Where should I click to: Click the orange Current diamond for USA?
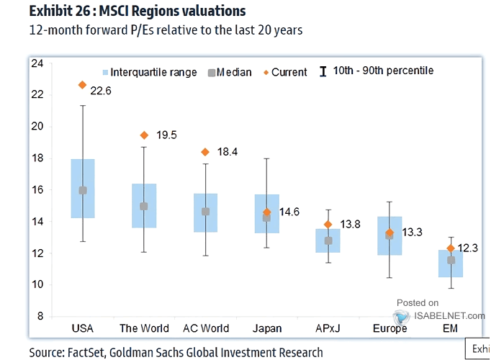(x=83, y=85)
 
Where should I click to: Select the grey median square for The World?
(x=144, y=207)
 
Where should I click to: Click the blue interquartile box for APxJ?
(x=328, y=240)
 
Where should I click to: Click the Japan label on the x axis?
(x=267, y=328)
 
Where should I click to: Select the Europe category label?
(x=390, y=328)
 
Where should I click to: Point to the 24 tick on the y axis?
(x=37, y=63)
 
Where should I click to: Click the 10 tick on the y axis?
(x=37, y=285)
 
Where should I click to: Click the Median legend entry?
(x=228, y=72)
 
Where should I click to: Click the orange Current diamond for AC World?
(x=205, y=152)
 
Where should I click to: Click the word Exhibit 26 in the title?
(x=56, y=12)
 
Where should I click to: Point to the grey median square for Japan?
(x=266, y=217)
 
